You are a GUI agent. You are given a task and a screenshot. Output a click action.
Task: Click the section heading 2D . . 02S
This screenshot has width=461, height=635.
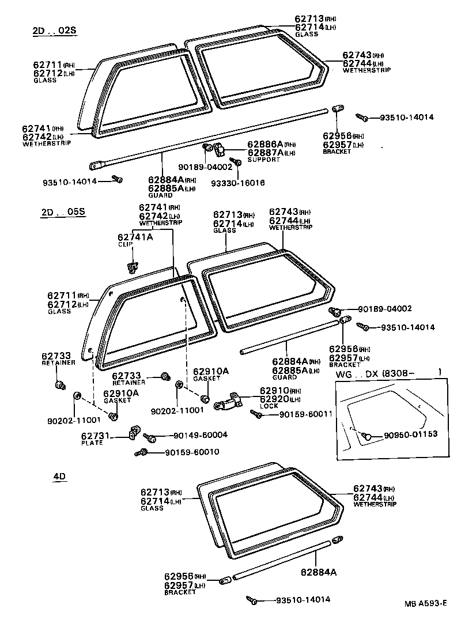[54, 31]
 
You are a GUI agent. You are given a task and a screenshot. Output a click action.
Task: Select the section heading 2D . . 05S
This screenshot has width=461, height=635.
[63, 211]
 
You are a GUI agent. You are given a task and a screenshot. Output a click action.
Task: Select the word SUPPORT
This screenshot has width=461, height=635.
[263, 160]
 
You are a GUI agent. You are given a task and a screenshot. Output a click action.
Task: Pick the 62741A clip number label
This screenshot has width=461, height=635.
[135, 237]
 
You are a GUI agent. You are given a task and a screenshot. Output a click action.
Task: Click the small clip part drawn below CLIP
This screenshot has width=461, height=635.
[133, 266]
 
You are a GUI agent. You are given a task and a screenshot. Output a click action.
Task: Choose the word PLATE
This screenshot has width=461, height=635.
[92, 443]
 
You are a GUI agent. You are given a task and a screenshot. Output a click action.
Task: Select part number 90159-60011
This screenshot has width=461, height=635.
[305, 414]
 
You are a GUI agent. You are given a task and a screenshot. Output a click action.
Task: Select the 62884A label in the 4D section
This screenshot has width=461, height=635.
[319, 572]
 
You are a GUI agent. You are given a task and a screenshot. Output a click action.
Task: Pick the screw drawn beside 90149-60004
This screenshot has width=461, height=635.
[149, 438]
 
